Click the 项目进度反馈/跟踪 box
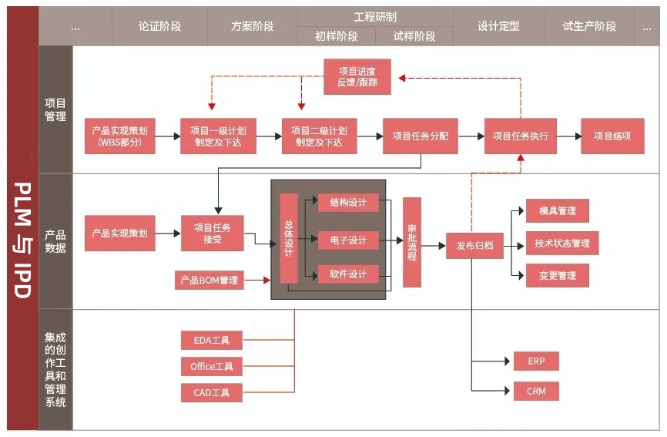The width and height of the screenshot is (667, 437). pos(357,76)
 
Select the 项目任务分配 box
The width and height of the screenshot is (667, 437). pos(421,136)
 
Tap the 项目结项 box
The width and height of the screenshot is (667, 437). pos(612,136)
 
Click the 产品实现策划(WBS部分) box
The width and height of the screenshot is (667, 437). pos(120,136)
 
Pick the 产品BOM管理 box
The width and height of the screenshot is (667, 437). pos(209,280)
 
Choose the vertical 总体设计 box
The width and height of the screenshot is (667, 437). pos(289,238)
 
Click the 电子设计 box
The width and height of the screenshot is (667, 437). pos(348,240)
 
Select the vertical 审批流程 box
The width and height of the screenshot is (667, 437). pos(412,242)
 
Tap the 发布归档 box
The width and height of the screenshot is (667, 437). pos(474,246)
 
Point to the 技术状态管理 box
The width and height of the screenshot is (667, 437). pos(562,243)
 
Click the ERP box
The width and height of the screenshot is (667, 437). pos(536,361)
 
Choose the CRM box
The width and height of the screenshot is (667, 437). pos(536,391)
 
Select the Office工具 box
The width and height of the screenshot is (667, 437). pos(212,366)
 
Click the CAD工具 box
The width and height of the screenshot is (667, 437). pos(212,393)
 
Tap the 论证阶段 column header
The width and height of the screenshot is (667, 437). pos(160,26)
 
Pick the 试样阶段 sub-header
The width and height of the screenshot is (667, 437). pos(414,36)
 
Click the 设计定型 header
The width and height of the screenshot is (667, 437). pos(498,26)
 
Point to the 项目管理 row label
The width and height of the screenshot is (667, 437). pos(55,109)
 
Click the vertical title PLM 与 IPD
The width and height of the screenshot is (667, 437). pos(22,240)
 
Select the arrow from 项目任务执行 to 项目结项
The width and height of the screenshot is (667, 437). pos(569,136)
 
